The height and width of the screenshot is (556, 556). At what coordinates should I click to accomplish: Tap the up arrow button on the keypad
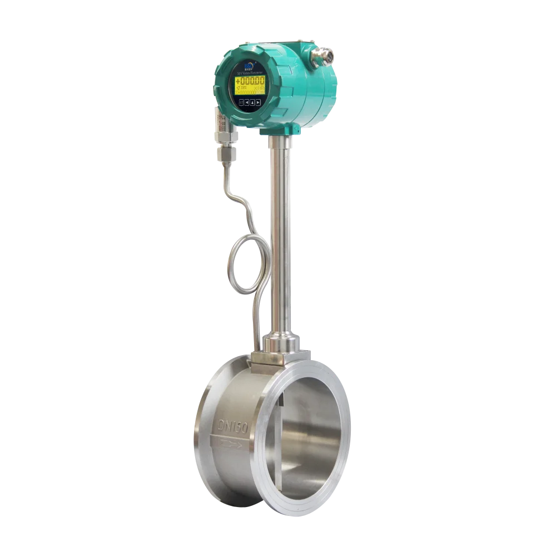252,102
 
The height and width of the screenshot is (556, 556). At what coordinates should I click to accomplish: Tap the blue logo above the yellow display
247,65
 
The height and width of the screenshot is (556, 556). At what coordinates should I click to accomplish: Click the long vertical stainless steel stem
280,234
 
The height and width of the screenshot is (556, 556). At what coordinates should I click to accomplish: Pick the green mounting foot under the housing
281,130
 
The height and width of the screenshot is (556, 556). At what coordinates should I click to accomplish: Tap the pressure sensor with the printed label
221,125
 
